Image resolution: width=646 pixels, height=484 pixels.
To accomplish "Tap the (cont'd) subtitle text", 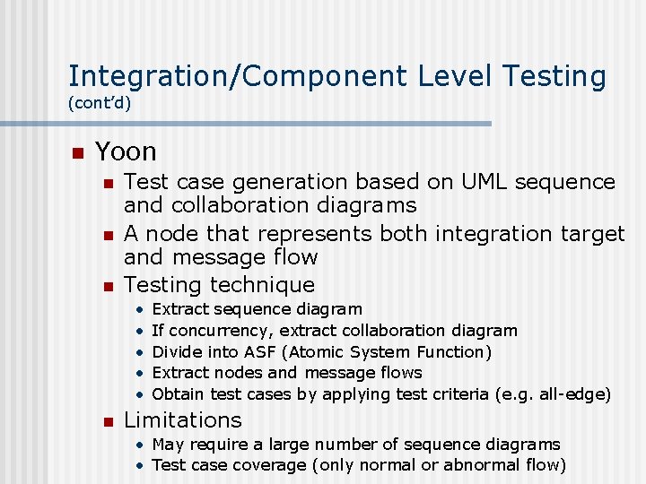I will [x=100, y=103].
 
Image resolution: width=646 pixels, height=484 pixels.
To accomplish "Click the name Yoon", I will [x=126, y=151].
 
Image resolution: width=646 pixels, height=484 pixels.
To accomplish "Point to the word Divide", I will [x=178, y=352].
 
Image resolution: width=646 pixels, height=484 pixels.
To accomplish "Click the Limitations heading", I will [x=182, y=419].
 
